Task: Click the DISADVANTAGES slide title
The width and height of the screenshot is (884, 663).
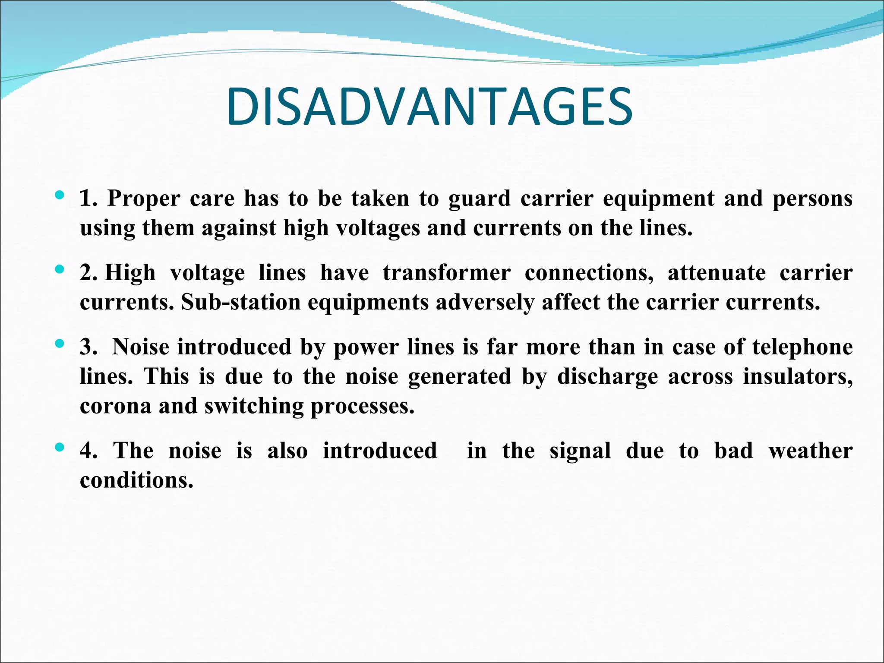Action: tap(429, 107)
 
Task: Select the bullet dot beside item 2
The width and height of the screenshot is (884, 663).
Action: tap(60, 270)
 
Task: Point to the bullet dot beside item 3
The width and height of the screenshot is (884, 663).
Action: tap(60, 344)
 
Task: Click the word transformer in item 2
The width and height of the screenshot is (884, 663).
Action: tap(447, 273)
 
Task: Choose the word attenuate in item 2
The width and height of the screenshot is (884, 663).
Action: tap(717, 273)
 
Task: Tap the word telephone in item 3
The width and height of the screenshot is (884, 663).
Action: tap(802, 347)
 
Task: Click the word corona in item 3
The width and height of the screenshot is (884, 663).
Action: tap(116, 406)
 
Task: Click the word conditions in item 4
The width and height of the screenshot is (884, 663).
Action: tap(136, 480)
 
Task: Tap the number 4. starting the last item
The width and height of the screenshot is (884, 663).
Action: tap(88, 451)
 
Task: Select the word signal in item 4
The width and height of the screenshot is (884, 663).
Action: tap(580, 451)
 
